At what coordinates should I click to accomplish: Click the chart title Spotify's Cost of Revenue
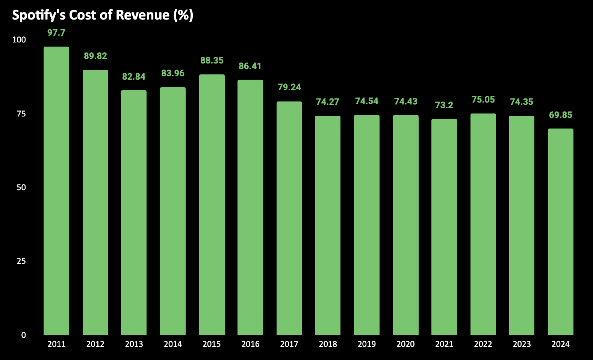[x=103, y=15]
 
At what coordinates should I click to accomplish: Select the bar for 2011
[x=56, y=191]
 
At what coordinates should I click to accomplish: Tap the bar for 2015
[x=212, y=205]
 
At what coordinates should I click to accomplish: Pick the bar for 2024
[x=560, y=232]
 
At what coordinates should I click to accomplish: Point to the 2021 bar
[x=444, y=227]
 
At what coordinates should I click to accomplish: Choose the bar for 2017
[x=289, y=218]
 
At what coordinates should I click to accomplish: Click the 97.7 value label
[x=56, y=33]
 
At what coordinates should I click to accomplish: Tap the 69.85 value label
[x=560, y=115]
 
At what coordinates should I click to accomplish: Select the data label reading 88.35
[x=212, y=61]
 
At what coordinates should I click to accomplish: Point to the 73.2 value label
[x=444, y=105]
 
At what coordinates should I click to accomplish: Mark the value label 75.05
[x=483, y=100]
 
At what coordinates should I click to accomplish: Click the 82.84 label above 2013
[x=134, y=77]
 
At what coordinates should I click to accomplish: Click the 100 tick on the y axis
[x=19, y=40]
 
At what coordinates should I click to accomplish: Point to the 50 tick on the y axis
[x=21, y=187]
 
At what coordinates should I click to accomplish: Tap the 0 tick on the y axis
[x=24, y=335]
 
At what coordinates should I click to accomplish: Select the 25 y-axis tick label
[x=21, y=261]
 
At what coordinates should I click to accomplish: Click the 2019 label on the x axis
[x=367, y=344]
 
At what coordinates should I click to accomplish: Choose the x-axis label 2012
[x=95, y=344]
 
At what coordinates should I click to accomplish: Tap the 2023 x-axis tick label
[x=522, y=344]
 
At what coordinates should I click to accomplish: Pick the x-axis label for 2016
[x=250, y=344]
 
